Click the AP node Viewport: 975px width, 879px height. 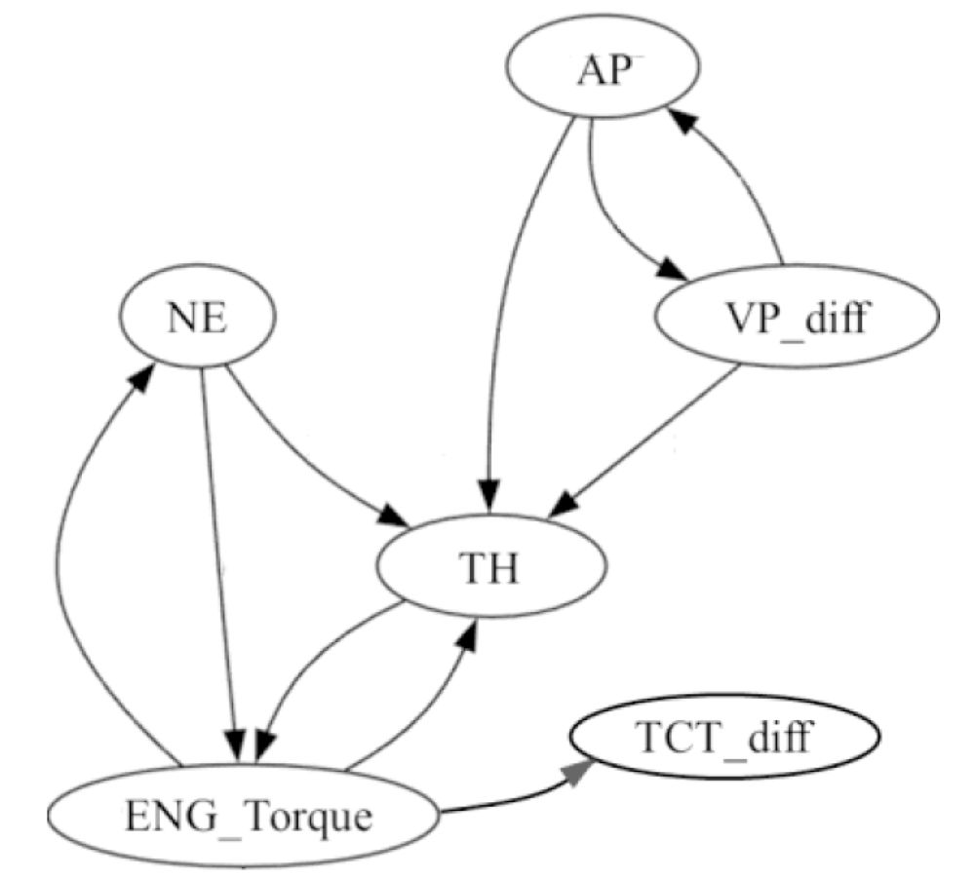(602, 73)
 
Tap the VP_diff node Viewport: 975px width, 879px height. (798, 319)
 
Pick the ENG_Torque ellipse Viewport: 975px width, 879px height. (250, 815)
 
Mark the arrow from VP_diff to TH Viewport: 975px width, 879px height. (643, 439)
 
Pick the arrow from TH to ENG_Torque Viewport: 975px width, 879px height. (312, 663)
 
